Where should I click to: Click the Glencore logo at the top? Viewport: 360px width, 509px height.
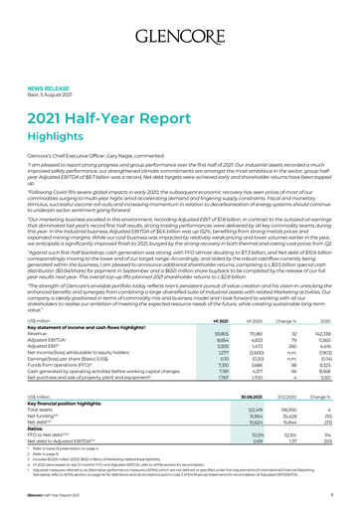point(179,19)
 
